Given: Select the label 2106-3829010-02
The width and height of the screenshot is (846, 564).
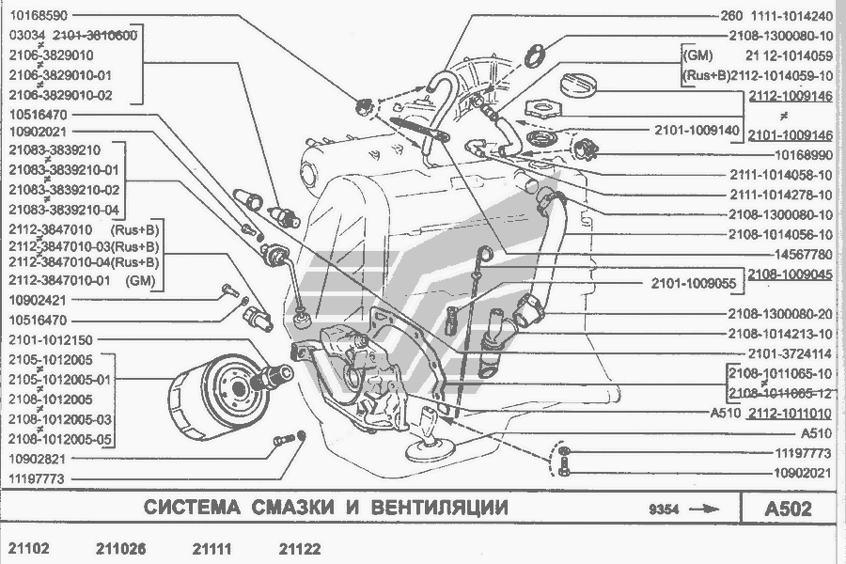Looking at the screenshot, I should (60, 95).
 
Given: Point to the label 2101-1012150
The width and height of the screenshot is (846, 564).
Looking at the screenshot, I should (53, 339).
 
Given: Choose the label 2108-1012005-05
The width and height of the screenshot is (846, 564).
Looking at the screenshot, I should (60, 439).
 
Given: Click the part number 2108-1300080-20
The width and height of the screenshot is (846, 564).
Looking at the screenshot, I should (780, 314).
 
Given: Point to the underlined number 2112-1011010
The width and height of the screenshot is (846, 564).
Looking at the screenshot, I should (791, 413).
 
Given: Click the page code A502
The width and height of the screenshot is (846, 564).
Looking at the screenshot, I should (789, 509).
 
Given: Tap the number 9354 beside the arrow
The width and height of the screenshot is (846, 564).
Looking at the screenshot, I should (663, 509).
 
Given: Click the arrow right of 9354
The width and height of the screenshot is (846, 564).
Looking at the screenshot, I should (704, 509).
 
